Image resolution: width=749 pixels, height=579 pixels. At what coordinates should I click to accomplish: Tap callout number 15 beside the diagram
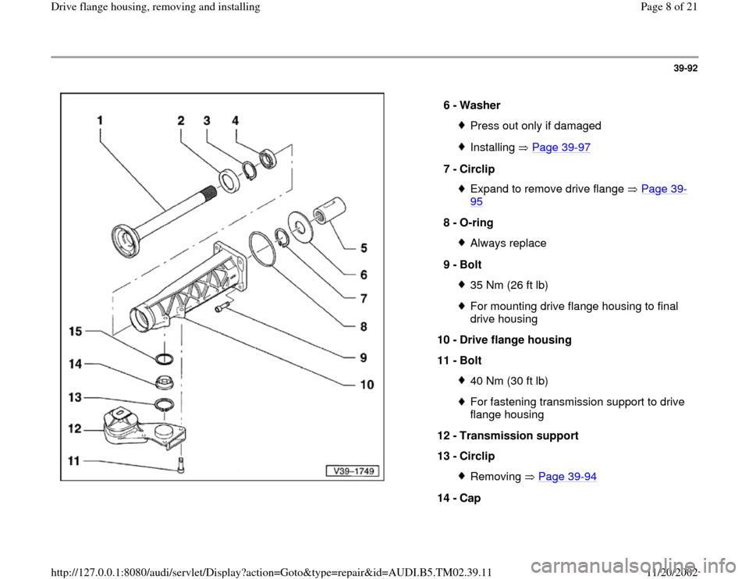click(75, 332)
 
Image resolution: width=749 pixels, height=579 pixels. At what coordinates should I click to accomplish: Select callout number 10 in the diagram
click(367, 384)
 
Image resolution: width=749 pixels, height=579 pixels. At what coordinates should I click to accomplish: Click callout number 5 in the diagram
click(364, 249)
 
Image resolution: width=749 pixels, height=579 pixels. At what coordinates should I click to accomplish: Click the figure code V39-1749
click(351, 471)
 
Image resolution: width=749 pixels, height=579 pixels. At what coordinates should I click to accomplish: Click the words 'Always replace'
click(508, 243)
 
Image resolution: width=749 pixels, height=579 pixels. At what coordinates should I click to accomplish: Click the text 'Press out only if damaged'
click(535, 126)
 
